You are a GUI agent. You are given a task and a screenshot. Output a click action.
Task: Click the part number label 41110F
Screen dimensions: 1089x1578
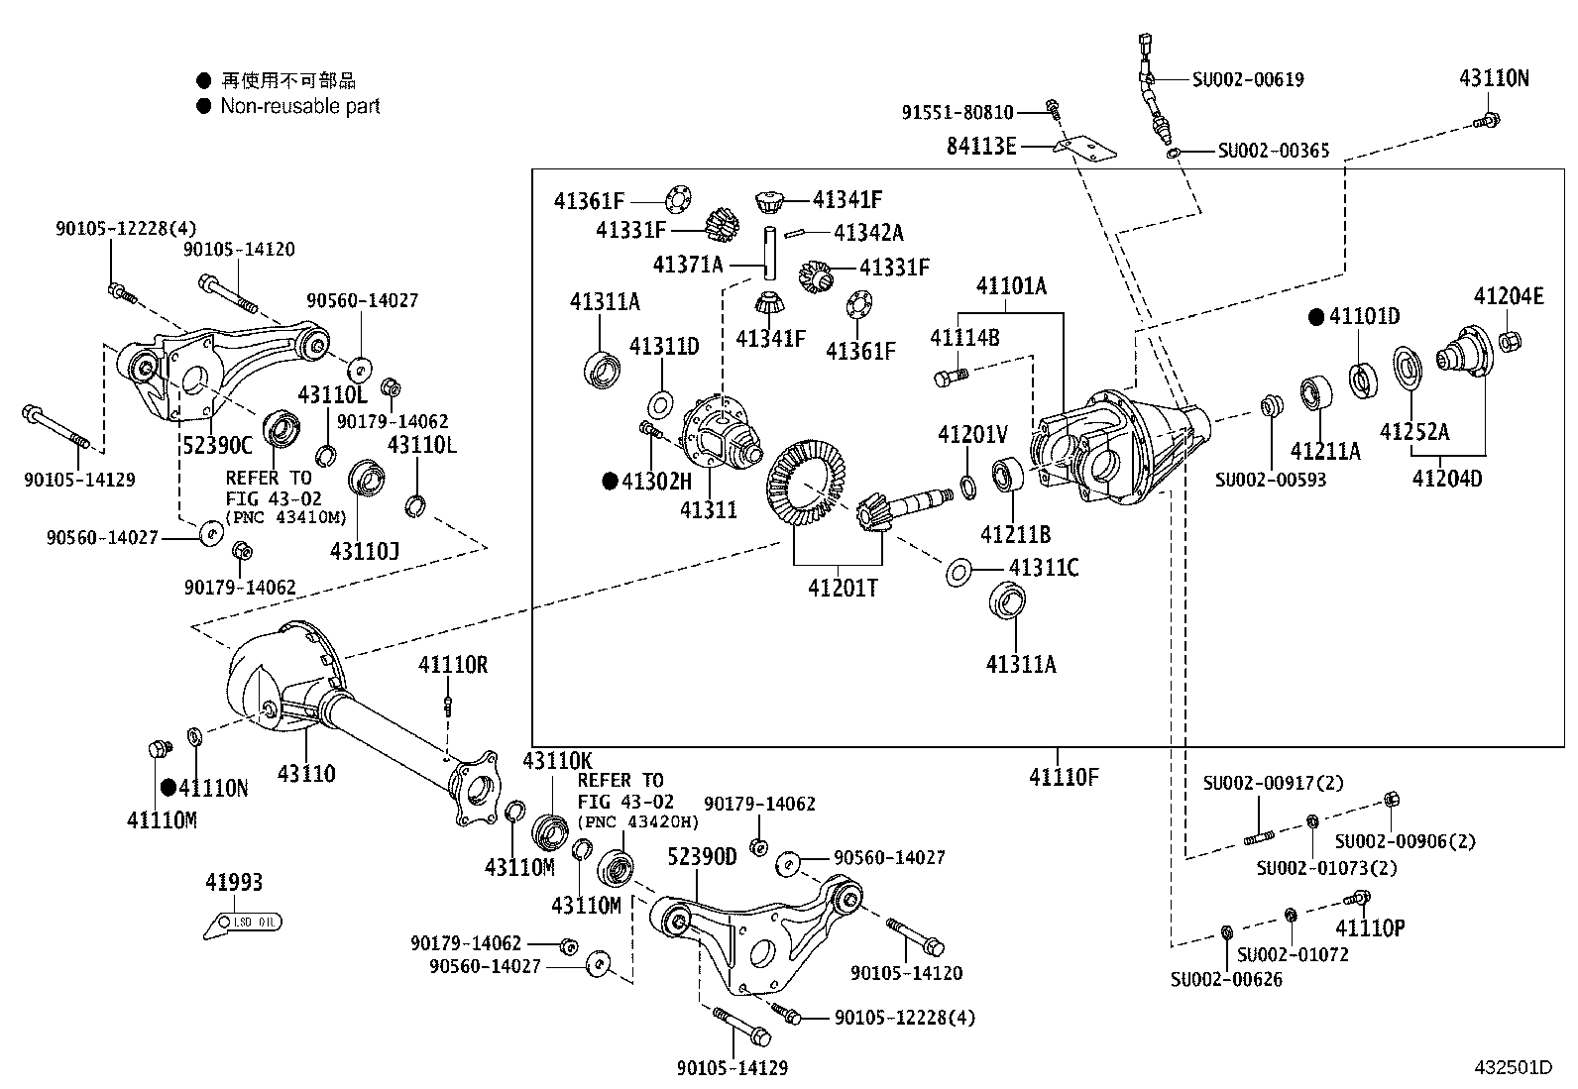1064,777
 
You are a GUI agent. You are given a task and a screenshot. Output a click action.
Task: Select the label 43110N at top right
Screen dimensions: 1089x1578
1493,78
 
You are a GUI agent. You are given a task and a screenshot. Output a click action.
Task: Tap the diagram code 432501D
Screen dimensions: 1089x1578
1512,1067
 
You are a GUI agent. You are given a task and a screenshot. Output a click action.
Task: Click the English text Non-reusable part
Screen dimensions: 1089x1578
299,106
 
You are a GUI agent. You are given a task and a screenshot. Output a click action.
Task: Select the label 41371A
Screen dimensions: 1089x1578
688,265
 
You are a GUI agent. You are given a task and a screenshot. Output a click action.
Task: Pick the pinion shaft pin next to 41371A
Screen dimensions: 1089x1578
768,255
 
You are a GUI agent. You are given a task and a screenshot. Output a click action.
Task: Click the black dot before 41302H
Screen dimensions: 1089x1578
610,482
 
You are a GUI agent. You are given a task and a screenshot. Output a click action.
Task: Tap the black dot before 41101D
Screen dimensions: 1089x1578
1315,317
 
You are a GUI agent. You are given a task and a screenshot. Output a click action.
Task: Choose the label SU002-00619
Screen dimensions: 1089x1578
1247,79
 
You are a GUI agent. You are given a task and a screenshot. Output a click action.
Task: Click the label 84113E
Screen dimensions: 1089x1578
980,148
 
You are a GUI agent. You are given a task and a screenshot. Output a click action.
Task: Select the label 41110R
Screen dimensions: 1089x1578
452,665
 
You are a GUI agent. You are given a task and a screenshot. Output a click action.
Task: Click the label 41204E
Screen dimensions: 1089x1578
1508,296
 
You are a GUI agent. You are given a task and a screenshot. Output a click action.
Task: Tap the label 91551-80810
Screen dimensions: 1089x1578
958,113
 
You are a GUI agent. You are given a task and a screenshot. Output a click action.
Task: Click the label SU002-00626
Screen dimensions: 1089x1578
1226,979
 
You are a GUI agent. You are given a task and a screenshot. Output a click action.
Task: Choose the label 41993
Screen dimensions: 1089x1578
234,882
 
